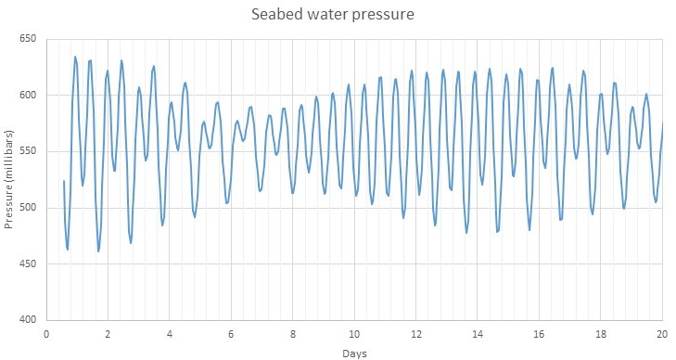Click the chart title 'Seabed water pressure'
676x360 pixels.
click(337, 16)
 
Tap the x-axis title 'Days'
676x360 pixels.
click(352, 353)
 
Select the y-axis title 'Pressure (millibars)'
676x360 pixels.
click(9, 179)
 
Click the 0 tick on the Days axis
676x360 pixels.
click(46, 333)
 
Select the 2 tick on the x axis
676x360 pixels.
click(108, 333)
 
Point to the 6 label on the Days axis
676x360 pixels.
click(231, 333)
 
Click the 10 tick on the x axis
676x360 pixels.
click(354, 333)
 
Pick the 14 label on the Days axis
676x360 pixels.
click(478, 333)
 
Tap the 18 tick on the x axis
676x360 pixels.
click(601, 333)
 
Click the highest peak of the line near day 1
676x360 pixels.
click(75, 57)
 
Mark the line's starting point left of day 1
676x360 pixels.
click(64, 181)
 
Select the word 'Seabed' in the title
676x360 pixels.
click(277, 16)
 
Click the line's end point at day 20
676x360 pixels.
click(663, 123)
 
